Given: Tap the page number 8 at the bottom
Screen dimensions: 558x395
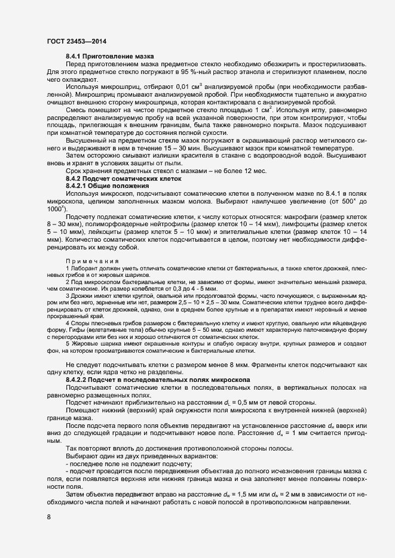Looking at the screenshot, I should click(x=48, y=517).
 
